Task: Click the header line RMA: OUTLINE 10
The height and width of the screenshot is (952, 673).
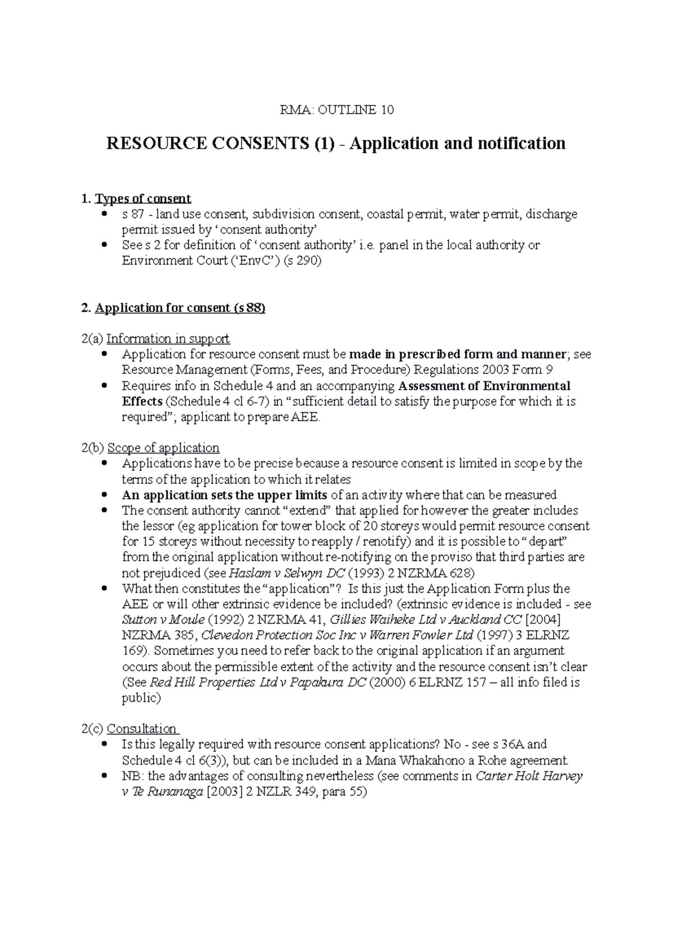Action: (x=336, y=110)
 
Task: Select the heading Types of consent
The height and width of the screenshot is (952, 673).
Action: (x=143, y=198)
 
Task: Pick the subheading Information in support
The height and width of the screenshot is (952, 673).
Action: (x=168, y=339)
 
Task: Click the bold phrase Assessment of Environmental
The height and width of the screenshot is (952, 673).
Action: (x=484, y=386)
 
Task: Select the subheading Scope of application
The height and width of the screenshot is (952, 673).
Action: (x=163, y=448)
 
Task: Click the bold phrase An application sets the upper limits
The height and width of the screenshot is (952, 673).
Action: (x=224, y=495)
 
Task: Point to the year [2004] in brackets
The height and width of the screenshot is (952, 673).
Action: (x=543, y=620)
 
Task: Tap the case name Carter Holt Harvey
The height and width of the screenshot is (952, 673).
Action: (x=529, y=777)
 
